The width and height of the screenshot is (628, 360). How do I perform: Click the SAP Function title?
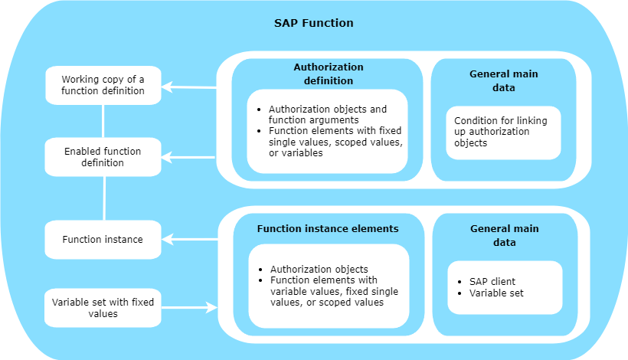(313, 23)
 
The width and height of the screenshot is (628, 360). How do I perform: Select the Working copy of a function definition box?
(103, 85)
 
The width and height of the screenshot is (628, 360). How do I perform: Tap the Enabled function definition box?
(103, 157)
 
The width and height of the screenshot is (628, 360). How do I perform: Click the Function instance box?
(103, 240)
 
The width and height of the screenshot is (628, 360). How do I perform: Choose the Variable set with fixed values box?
(103, 308)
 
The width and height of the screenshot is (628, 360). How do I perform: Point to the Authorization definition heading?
(329, 74)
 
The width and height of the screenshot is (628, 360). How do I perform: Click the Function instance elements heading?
(328, 229)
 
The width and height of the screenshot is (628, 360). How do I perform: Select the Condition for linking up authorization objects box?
(503, 133)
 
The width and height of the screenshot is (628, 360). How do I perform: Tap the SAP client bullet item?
(492, 282)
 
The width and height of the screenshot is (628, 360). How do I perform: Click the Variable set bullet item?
(496, 293)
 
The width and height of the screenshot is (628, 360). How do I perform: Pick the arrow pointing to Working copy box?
(189, 87)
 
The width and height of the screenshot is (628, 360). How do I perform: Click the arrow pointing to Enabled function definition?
(188, 157)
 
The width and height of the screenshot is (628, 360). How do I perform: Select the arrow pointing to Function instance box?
(190, 240)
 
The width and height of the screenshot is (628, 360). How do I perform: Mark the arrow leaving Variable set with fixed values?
(189, 308)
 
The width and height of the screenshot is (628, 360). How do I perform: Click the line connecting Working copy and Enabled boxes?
(103, 121)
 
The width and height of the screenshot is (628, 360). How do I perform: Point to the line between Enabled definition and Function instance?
(104, 198)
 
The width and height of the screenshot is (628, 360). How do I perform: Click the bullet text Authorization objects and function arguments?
(328, 115)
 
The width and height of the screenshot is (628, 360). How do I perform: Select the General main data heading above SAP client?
(504, 235)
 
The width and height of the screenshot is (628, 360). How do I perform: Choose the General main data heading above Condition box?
(503, 80)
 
